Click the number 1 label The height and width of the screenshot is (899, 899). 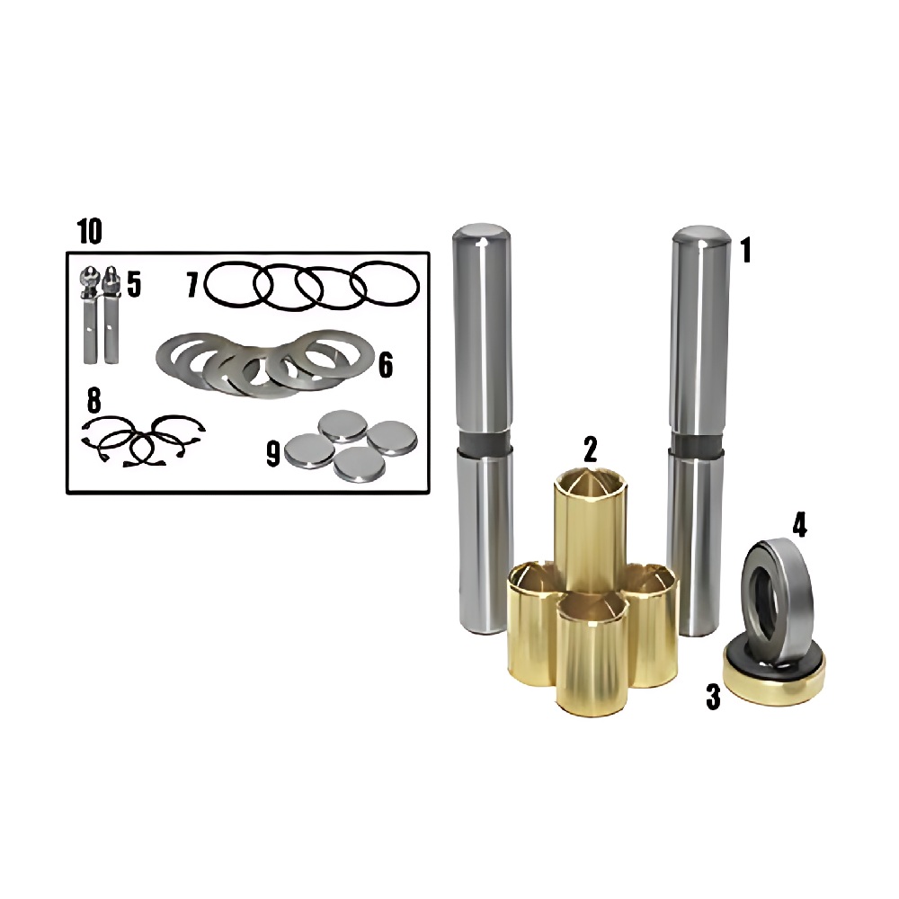tap(745, 251)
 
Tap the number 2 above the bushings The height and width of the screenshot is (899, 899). tap(590, 449)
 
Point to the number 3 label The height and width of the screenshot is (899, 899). tap(713, 698)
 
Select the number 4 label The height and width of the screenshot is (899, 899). tap(800, 525)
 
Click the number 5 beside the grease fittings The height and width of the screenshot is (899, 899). tap(134, 284)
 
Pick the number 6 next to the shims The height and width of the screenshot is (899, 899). tap(386, 365)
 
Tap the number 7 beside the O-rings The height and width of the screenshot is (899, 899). tap(193, 285)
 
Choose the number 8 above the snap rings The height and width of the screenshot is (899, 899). tap(94, 400)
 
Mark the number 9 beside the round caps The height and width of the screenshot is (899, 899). tap(273, 454)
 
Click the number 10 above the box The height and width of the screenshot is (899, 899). tap(90, 232)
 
